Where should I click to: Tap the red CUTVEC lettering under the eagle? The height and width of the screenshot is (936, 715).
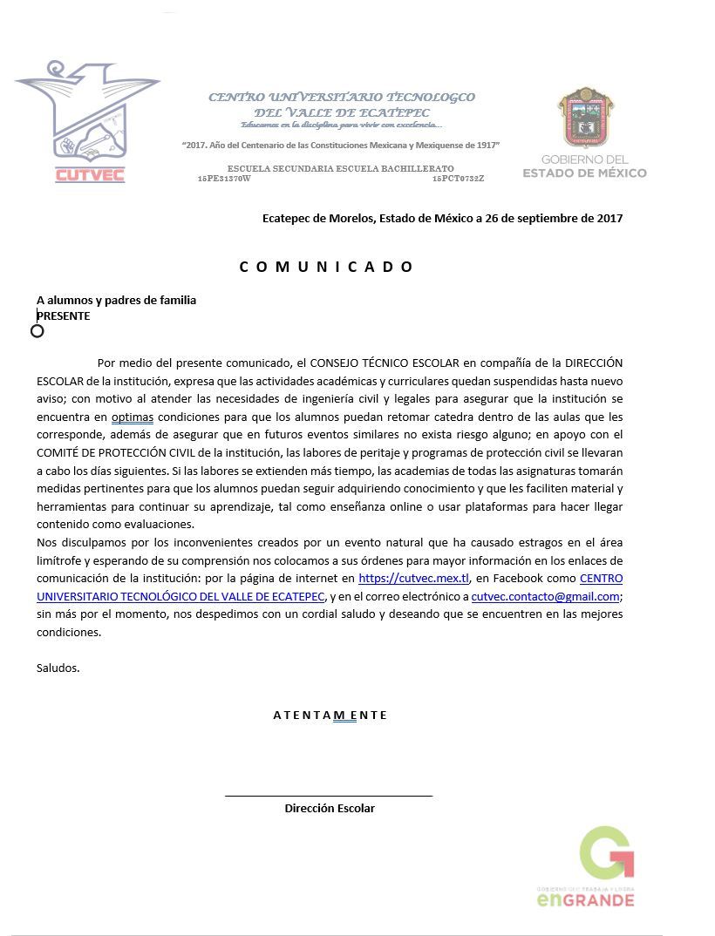click(90, 174)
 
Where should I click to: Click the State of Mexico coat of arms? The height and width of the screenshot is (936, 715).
click(586, 118)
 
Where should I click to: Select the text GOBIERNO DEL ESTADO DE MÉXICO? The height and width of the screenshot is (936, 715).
click(584, 166)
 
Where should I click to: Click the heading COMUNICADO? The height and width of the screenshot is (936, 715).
click(326, 267)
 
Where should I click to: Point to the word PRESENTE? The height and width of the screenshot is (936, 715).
click(64, 315)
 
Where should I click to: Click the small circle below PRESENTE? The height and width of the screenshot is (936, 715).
click(37, 331)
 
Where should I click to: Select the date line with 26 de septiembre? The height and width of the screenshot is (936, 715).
click(442, 218)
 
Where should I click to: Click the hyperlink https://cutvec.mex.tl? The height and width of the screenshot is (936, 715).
click(413, 578)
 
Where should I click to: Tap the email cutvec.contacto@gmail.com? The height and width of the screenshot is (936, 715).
click(545, 597)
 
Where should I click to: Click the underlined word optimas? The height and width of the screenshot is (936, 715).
click(132, 417)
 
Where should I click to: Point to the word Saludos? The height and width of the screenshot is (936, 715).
click(58, 668)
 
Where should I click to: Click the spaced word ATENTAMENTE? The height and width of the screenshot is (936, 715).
click(330, 716)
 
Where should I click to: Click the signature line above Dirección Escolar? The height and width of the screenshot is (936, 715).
click(329, 796)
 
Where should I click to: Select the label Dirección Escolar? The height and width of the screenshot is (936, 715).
click(330, 809)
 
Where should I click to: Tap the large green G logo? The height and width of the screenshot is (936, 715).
click(606, 853)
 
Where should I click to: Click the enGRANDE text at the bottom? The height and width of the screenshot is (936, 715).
click(585, 899)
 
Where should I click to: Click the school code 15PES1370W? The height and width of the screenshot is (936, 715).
click(224, 179)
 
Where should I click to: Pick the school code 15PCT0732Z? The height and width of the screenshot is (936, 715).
click(458, 179)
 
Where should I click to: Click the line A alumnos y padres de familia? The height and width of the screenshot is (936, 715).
click(116, 300)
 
